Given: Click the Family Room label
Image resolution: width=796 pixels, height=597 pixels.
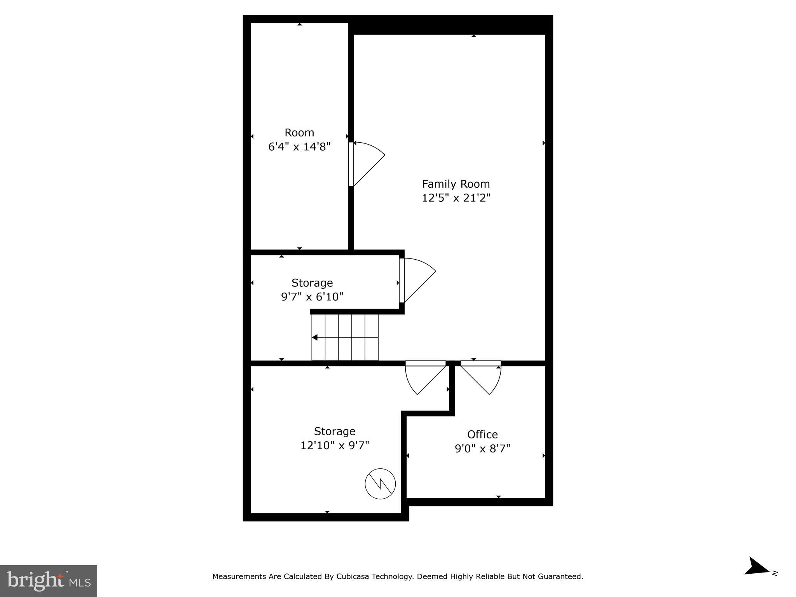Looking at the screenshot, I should coord(456,184).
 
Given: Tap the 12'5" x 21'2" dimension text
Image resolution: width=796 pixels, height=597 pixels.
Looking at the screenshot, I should coord(456,198).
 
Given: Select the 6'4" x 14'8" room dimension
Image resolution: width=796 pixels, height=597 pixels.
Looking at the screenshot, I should coord(299,147).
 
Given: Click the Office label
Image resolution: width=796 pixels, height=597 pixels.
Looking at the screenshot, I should coord(482,434).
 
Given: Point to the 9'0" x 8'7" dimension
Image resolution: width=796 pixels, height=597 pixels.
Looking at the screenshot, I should coord(482,449).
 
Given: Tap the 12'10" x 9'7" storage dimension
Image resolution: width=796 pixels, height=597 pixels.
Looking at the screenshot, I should coord(334,445).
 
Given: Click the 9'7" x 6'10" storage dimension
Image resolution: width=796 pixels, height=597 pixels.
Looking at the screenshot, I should coord(312,297).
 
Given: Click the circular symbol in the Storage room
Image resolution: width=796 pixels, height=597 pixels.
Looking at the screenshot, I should coord(380,484).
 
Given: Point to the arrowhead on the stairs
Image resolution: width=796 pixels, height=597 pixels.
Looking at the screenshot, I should coord(315,337).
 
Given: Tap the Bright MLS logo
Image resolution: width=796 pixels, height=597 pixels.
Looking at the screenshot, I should coord(49,581).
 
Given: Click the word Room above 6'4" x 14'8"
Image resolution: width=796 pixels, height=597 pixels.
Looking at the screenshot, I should coord(299,133).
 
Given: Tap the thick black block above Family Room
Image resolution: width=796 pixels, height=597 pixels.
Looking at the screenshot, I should coord(451,25).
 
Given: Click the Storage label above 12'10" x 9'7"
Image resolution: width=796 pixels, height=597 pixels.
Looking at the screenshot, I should coord(334,431).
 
